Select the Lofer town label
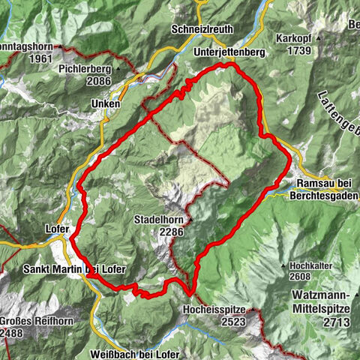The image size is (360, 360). click(58, 229)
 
